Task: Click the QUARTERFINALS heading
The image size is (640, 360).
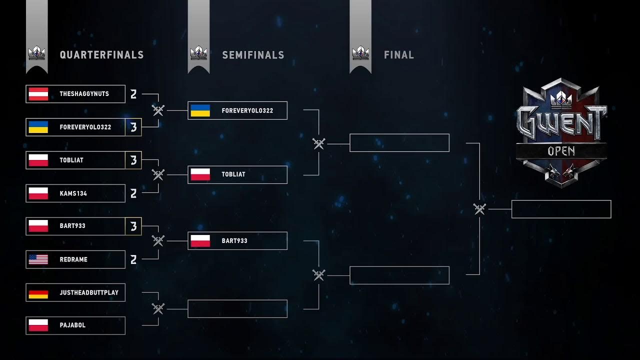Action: coord(101,55)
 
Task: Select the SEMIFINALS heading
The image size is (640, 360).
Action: coord(253,55)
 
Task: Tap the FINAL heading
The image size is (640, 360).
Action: coord(399,55)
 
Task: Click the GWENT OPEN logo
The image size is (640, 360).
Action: coord(561,132)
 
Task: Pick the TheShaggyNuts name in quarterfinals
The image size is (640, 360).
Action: coord(84,94)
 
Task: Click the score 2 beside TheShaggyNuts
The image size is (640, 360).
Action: coord(133,94)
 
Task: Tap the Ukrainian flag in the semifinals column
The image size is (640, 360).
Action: coord(200,110)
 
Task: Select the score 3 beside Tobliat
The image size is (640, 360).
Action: coord(133,160)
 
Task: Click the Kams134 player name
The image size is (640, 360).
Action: coord(73,193)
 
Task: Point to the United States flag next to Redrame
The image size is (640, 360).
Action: coord(38,259)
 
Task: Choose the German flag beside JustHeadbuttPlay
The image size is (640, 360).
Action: coord(38,292)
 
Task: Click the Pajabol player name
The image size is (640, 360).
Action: coord(72,325)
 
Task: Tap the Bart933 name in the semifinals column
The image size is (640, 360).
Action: coord(234,241)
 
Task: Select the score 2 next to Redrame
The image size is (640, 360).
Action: coord(133,259)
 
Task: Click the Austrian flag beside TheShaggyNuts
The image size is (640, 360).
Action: coord(38,94)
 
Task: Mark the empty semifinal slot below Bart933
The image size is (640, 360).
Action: coord(237,309)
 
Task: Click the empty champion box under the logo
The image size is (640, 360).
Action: coord(561,209)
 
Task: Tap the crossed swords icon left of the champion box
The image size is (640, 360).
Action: coord(479,209)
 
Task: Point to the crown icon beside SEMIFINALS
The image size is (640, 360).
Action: coord(198,53)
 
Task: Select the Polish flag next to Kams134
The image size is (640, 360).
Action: coord(38,193)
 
